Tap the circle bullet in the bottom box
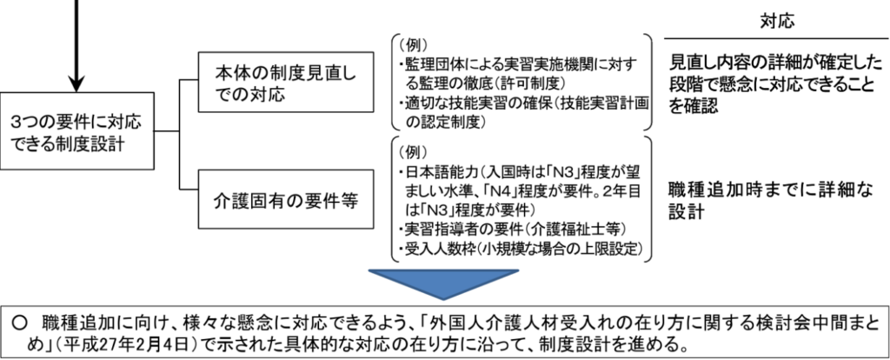point(22,319)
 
